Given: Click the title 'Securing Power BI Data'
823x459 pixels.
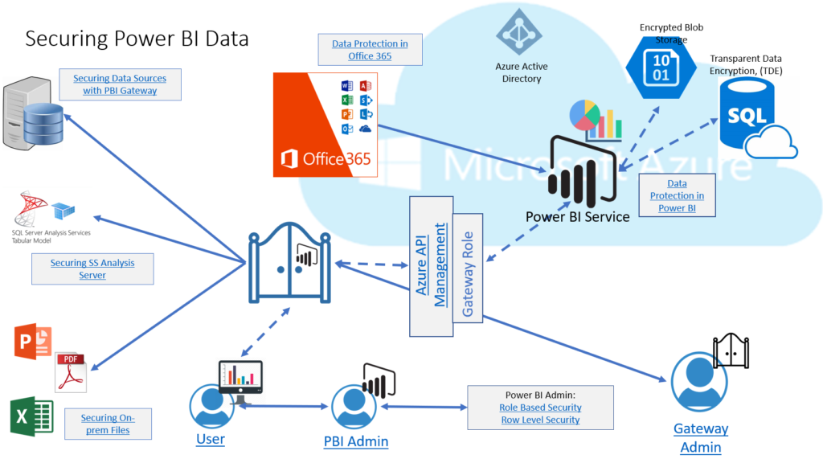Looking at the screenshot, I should tap(137, 39).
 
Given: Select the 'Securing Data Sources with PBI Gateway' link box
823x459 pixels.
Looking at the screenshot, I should tap(120, 84).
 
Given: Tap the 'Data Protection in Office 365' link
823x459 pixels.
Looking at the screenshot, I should tap(370, 50).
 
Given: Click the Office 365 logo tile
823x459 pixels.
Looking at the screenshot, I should tap(326, 125).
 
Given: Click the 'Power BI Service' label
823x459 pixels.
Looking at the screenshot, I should tap(577, 216).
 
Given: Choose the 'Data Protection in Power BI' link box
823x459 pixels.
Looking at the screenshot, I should tap(678, 195).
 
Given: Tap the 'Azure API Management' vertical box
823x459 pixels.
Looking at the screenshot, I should tap(431, 265).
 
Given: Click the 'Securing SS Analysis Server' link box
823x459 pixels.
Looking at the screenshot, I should tap(92, 269).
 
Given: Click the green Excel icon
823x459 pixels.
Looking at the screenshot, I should tap(31, 417).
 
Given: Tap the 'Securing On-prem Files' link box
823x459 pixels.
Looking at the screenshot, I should tap(108, 424).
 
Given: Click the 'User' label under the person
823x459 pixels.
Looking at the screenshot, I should tap(211, 439).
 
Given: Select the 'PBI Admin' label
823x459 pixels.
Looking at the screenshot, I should tap(356, 441).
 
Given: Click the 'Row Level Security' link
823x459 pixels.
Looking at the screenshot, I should tap(540, 420).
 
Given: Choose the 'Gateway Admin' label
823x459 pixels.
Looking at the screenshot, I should tap(701, 438).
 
